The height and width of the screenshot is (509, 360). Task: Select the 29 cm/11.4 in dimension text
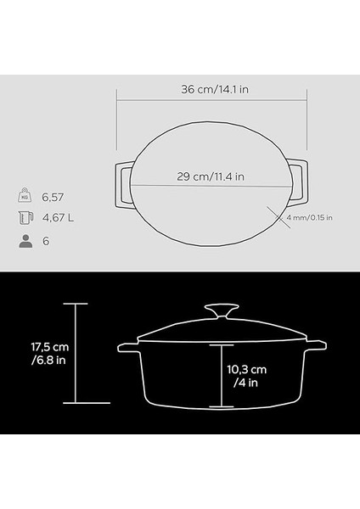pyautogui.click(x=212, y=176)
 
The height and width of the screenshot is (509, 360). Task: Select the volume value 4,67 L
pyautogui.click(x=59, y=218)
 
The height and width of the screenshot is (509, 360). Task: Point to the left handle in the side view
pyautogui.click(x=127, y=349)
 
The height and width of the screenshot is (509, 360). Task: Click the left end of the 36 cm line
pyautogui.click(x=116, y=97)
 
